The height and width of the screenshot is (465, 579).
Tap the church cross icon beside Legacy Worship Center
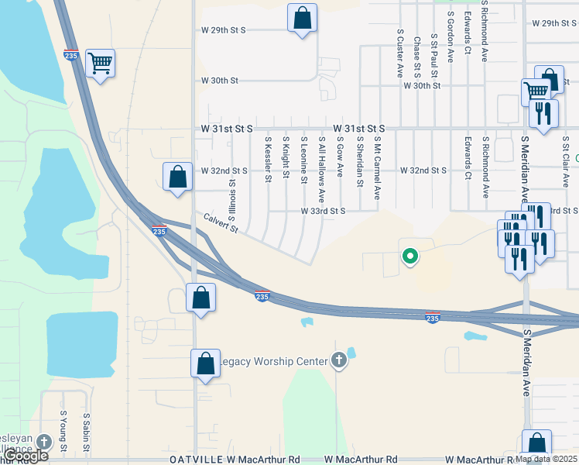coord(338,360)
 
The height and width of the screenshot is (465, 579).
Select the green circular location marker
coord(409,256)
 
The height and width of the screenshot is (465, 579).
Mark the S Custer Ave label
coord(400,53)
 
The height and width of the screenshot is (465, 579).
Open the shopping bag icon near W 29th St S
coord(302,18)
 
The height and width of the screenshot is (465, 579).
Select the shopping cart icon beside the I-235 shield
coord(101,63)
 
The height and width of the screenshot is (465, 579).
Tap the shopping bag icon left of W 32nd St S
coord(178,176)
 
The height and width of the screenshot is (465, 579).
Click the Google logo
coord(24,456)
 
